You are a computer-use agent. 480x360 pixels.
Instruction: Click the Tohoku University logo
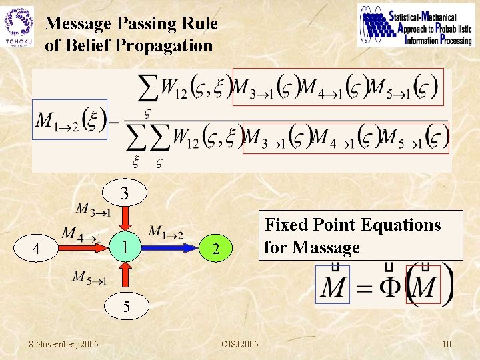point(19,26)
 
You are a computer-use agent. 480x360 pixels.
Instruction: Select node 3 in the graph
point(124,194)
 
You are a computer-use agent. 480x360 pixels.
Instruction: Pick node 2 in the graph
point(215,250)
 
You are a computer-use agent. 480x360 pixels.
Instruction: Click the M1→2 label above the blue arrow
point(165,232)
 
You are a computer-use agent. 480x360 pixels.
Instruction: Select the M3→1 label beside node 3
point(93,210)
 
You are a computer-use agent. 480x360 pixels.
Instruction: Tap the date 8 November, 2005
point(63,343)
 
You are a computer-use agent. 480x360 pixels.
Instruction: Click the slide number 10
point(447,343)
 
